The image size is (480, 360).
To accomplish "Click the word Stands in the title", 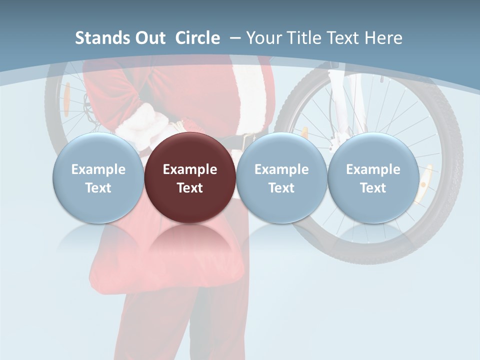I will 98,38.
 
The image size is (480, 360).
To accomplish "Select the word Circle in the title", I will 197,38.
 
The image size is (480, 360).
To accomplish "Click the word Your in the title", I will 263,38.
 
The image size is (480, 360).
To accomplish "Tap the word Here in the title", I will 383,38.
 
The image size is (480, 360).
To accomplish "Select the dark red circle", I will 190,200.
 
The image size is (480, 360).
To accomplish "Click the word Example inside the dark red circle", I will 190,169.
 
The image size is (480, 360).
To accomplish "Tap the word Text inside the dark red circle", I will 190,188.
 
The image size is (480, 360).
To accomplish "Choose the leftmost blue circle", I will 98,200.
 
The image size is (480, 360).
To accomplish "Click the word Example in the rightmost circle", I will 373,169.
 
